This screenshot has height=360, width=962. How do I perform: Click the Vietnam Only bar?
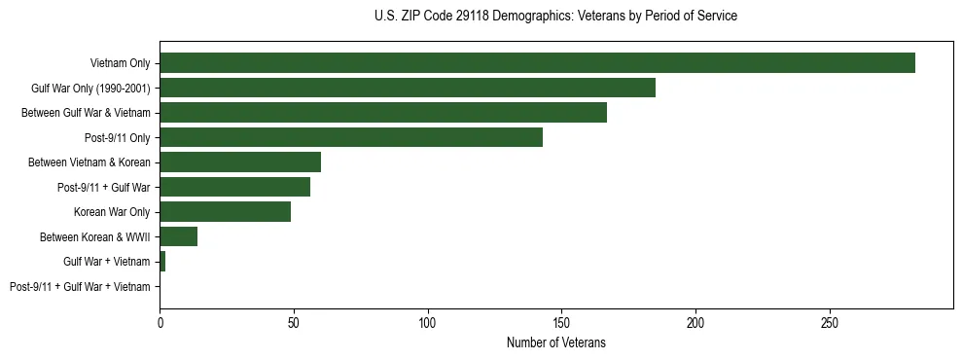[x=537, y=62]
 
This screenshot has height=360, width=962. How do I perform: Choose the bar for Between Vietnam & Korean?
[x=240, y=162]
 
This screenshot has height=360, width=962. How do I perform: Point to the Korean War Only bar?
[x=225, y=212]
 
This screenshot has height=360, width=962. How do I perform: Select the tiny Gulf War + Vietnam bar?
[x=162, y=262]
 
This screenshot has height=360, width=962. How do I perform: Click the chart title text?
[x=555, y=17]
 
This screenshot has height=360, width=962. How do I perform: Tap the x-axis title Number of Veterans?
[x=555, y=342]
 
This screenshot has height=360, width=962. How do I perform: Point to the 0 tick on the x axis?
[x=160, y=321]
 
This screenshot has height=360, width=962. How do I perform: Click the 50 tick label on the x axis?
[x=294, y=321]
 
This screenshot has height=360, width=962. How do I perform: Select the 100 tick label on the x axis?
[x=427, y=321]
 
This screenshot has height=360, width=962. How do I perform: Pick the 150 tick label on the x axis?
[x=561, y=321]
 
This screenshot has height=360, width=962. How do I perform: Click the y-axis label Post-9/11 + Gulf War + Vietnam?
[x=80, y=287]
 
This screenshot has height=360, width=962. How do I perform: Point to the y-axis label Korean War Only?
[x=112, y=212]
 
